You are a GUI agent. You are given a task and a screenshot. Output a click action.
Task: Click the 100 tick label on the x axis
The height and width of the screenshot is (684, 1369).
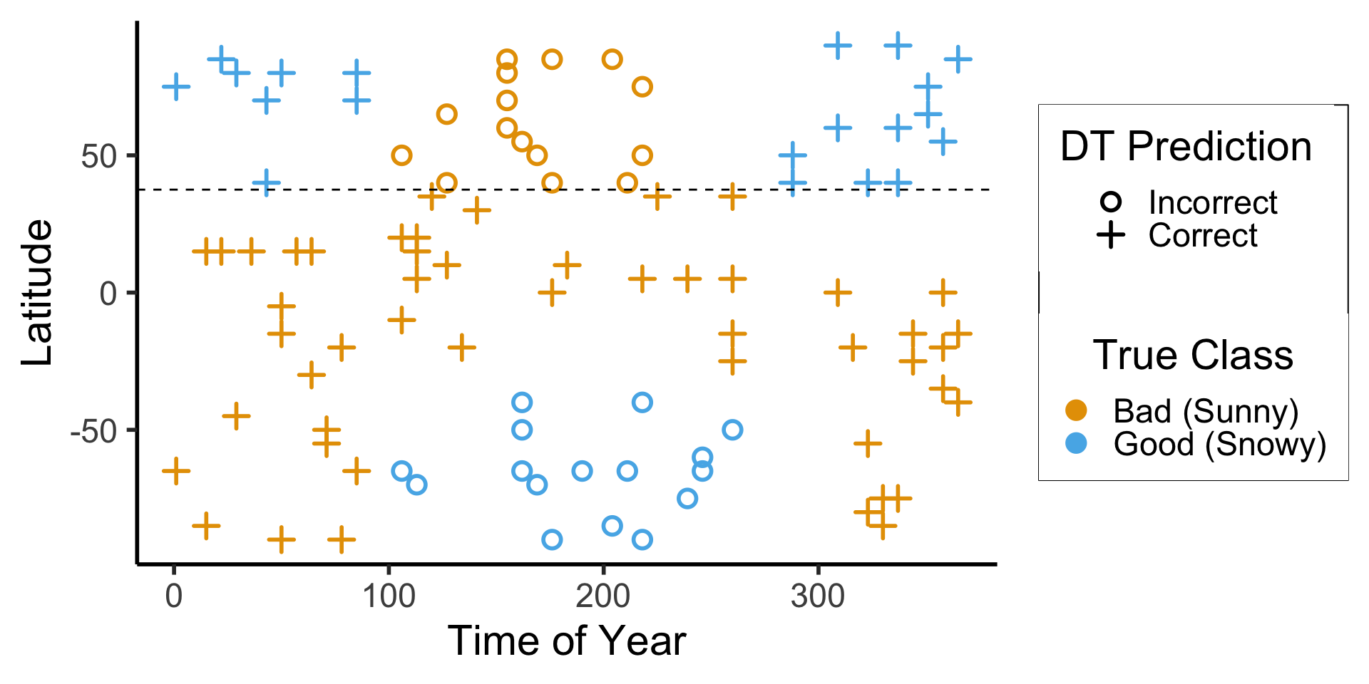[389, 596]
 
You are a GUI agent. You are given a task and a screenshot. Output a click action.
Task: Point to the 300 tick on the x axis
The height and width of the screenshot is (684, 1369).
[818, 596]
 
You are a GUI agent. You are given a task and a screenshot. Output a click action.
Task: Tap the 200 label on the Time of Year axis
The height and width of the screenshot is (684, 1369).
[603, 596]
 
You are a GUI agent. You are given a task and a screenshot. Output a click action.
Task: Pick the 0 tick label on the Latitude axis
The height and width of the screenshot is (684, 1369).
[108, 294]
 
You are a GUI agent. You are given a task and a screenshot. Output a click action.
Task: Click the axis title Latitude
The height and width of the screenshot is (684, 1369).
[37, 293]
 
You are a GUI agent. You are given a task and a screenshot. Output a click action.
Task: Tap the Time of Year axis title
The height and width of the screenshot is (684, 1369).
[566, 641]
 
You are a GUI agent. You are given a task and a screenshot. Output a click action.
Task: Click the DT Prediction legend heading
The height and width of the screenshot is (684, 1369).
[1186, 147]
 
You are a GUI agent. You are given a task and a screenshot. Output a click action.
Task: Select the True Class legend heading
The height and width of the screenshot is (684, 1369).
[1193, 355]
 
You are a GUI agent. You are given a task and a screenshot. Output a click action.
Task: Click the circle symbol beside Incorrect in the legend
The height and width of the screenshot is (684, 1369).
[1111, 202]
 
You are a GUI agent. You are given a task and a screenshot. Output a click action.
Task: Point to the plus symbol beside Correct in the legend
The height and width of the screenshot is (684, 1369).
[1111, 235]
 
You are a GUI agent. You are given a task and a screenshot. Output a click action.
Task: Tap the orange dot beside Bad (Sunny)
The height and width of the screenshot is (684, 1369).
[1076, 410]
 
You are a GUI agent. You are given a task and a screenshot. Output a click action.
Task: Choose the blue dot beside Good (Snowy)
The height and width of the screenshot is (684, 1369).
[1076, 443]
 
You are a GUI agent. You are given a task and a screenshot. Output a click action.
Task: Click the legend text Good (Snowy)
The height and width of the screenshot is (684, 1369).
[1219, 444]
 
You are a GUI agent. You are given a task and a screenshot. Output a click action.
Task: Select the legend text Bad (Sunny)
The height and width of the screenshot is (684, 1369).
[1206, 411]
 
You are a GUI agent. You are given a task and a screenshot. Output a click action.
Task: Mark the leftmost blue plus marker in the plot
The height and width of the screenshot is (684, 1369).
[176, 87]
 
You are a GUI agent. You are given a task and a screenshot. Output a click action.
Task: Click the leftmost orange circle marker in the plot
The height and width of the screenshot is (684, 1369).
[402, 155]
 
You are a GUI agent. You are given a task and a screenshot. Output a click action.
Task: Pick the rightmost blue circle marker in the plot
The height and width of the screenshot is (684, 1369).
[732, 430]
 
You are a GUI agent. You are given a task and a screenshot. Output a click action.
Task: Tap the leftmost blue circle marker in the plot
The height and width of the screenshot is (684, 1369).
[402, 471]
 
